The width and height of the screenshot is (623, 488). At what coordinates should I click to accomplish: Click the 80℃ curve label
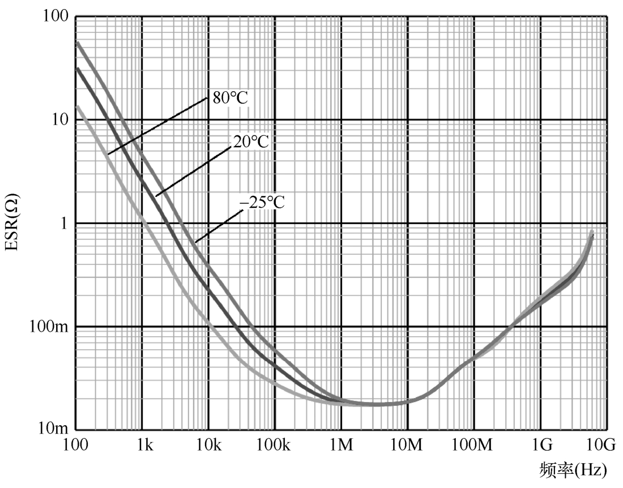[231, 97]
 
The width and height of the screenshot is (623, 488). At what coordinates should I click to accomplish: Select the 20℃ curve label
[250, 142]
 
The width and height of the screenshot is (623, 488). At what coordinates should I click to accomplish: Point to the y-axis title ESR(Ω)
[12, 223]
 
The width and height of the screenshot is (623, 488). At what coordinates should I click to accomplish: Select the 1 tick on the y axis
[64, 223]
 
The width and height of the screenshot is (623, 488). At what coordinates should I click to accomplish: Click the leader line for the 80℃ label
[159, 126]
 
